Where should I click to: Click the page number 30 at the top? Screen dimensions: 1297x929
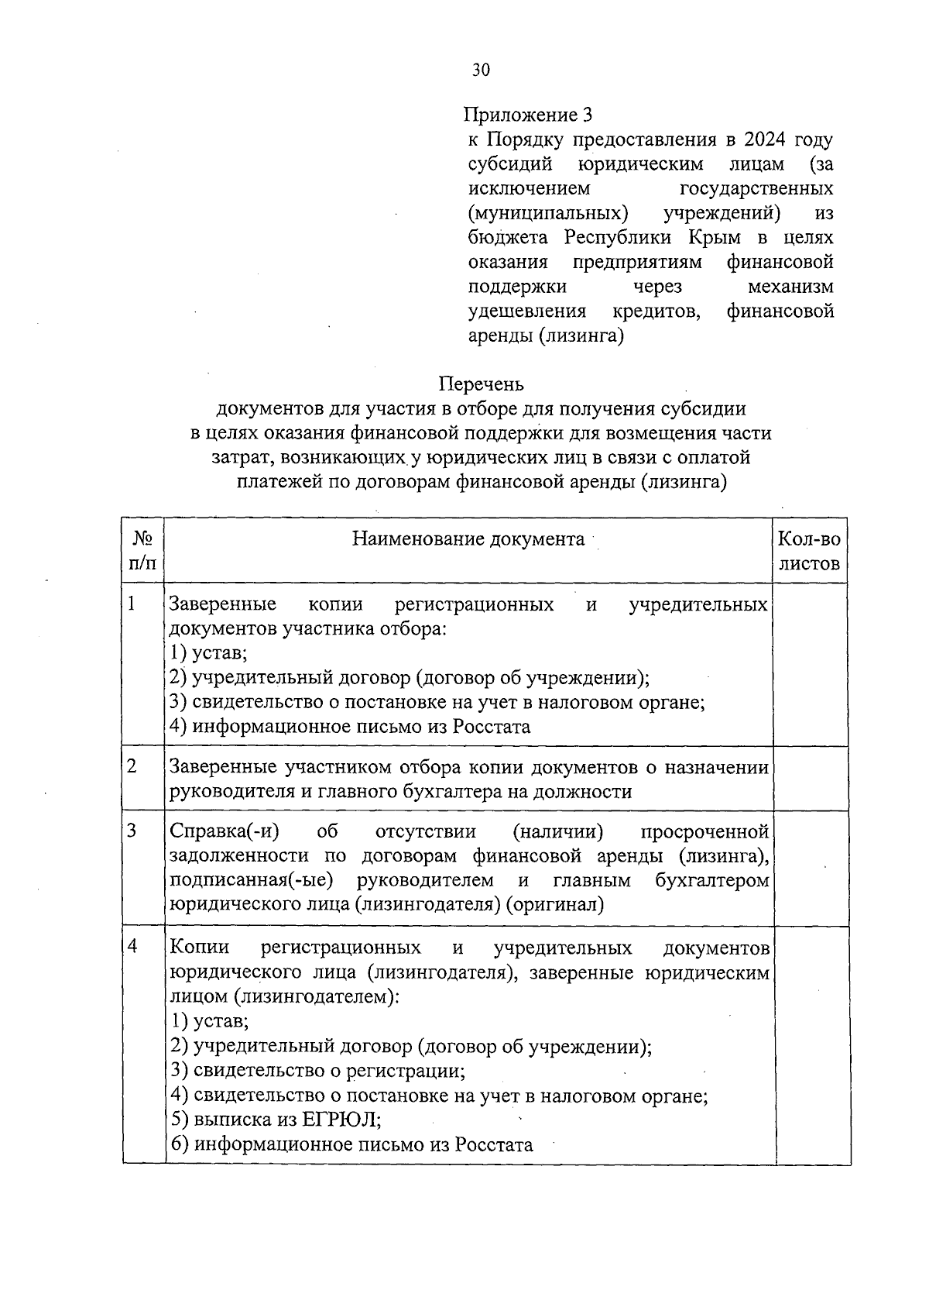click(x=481, y=71)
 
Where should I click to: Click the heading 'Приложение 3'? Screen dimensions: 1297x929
click(x=527, y=115)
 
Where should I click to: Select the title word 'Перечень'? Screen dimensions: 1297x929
click(x=481, y=384)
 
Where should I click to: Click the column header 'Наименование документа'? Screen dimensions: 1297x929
click(x=468, y=539)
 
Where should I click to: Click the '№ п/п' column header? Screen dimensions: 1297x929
click(x=142, y=551)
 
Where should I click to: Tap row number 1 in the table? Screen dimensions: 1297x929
click(x=132, y=603)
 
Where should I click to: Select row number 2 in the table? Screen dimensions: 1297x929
click(x=132, y=766)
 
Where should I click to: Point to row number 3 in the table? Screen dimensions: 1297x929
click(x=132, y=831)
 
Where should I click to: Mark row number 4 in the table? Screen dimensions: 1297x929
click(x=133, y=946)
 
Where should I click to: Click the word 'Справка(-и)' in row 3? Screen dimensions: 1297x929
click(x=224, y=831)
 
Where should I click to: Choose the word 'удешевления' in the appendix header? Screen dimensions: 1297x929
click(x=527, y=311)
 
